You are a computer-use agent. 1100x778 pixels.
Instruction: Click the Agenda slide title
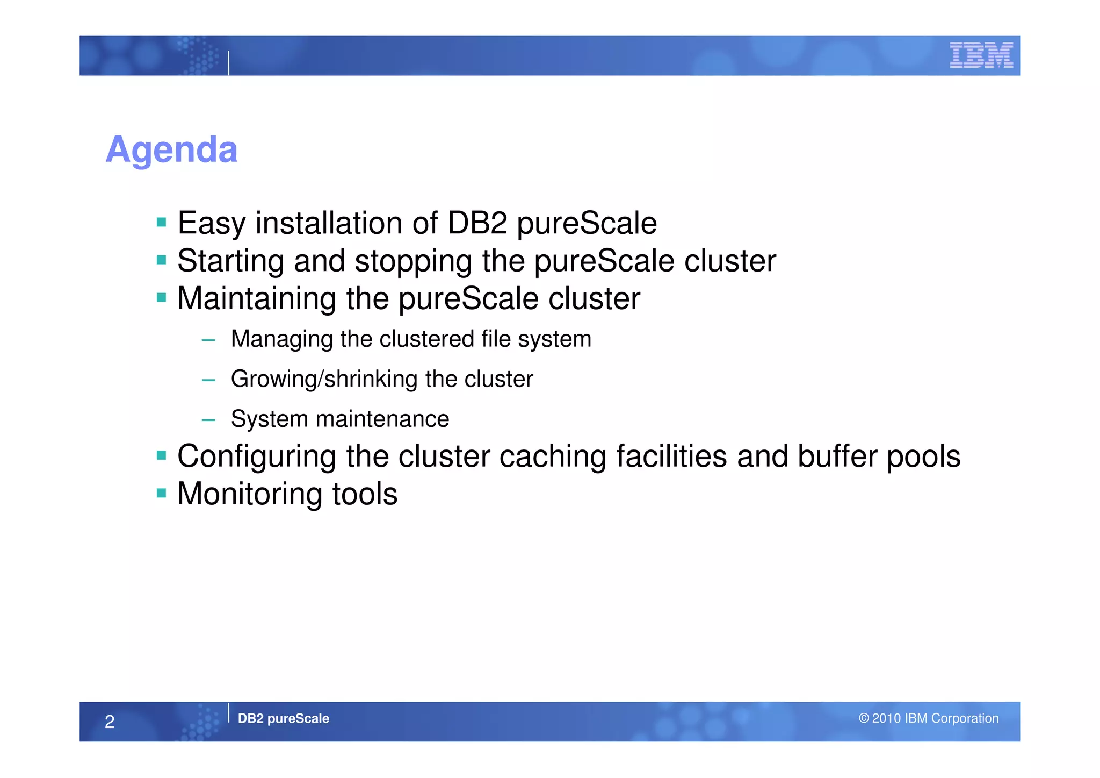point(171,149)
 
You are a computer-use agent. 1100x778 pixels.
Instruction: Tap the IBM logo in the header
point(981,55)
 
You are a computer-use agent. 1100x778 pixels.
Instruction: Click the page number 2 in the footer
point(110,722)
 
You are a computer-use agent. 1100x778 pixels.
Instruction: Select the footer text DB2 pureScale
point(283,718)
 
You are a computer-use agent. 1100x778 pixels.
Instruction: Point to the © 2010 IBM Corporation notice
point(928,718)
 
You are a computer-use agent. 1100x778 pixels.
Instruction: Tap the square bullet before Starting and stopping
point(161,260)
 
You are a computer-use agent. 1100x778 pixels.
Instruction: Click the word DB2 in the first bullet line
point(477,223)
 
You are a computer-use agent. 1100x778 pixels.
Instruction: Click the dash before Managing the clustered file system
point(208,340)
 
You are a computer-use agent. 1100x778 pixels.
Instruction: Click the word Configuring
point(257,456)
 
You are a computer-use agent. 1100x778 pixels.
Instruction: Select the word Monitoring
point(249,494)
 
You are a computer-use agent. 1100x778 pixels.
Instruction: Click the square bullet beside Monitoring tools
point(161,493)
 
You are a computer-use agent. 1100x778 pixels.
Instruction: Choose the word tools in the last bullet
point(365,494)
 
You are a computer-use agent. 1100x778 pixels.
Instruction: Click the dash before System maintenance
point(208,420)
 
